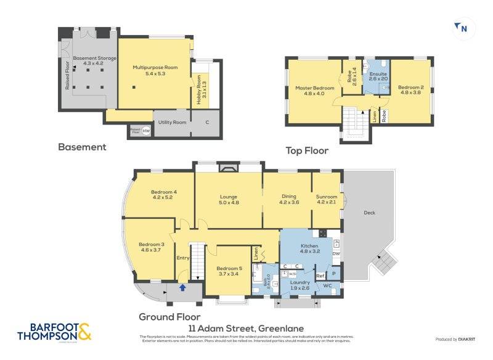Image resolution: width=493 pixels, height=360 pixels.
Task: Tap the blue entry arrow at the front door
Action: click(x=182, y=287)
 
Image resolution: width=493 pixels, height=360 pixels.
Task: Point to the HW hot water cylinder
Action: click(x=146, y=131)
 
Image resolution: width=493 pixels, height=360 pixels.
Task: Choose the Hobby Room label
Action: click(x=199, y=91)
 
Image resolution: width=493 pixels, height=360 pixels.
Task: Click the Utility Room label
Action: click(x=171, y=123)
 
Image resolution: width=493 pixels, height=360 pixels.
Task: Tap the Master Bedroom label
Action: click(x=314, y=91)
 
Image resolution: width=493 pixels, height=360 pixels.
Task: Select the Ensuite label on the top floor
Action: click(x=378, y=76)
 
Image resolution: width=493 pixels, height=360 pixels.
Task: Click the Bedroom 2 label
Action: click(x=410, y=90)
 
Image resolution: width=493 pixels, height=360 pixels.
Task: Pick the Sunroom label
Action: click(x=327, y=199)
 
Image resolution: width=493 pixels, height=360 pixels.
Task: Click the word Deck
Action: click(x=369, y=213)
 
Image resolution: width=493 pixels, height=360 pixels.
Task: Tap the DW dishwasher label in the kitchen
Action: click(x=336, y=253)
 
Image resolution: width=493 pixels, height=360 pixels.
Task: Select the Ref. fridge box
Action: click(x=320, y=276)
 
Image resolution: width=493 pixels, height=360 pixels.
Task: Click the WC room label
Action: click(x=328, y=286)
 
